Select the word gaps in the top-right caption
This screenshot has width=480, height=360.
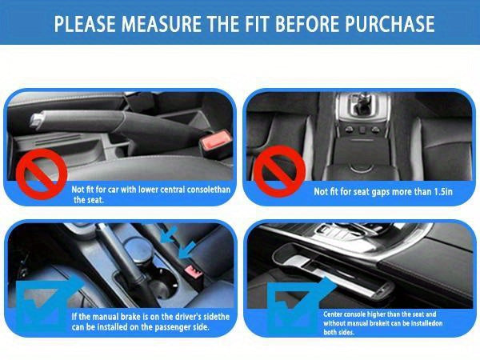tap(378, 192)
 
